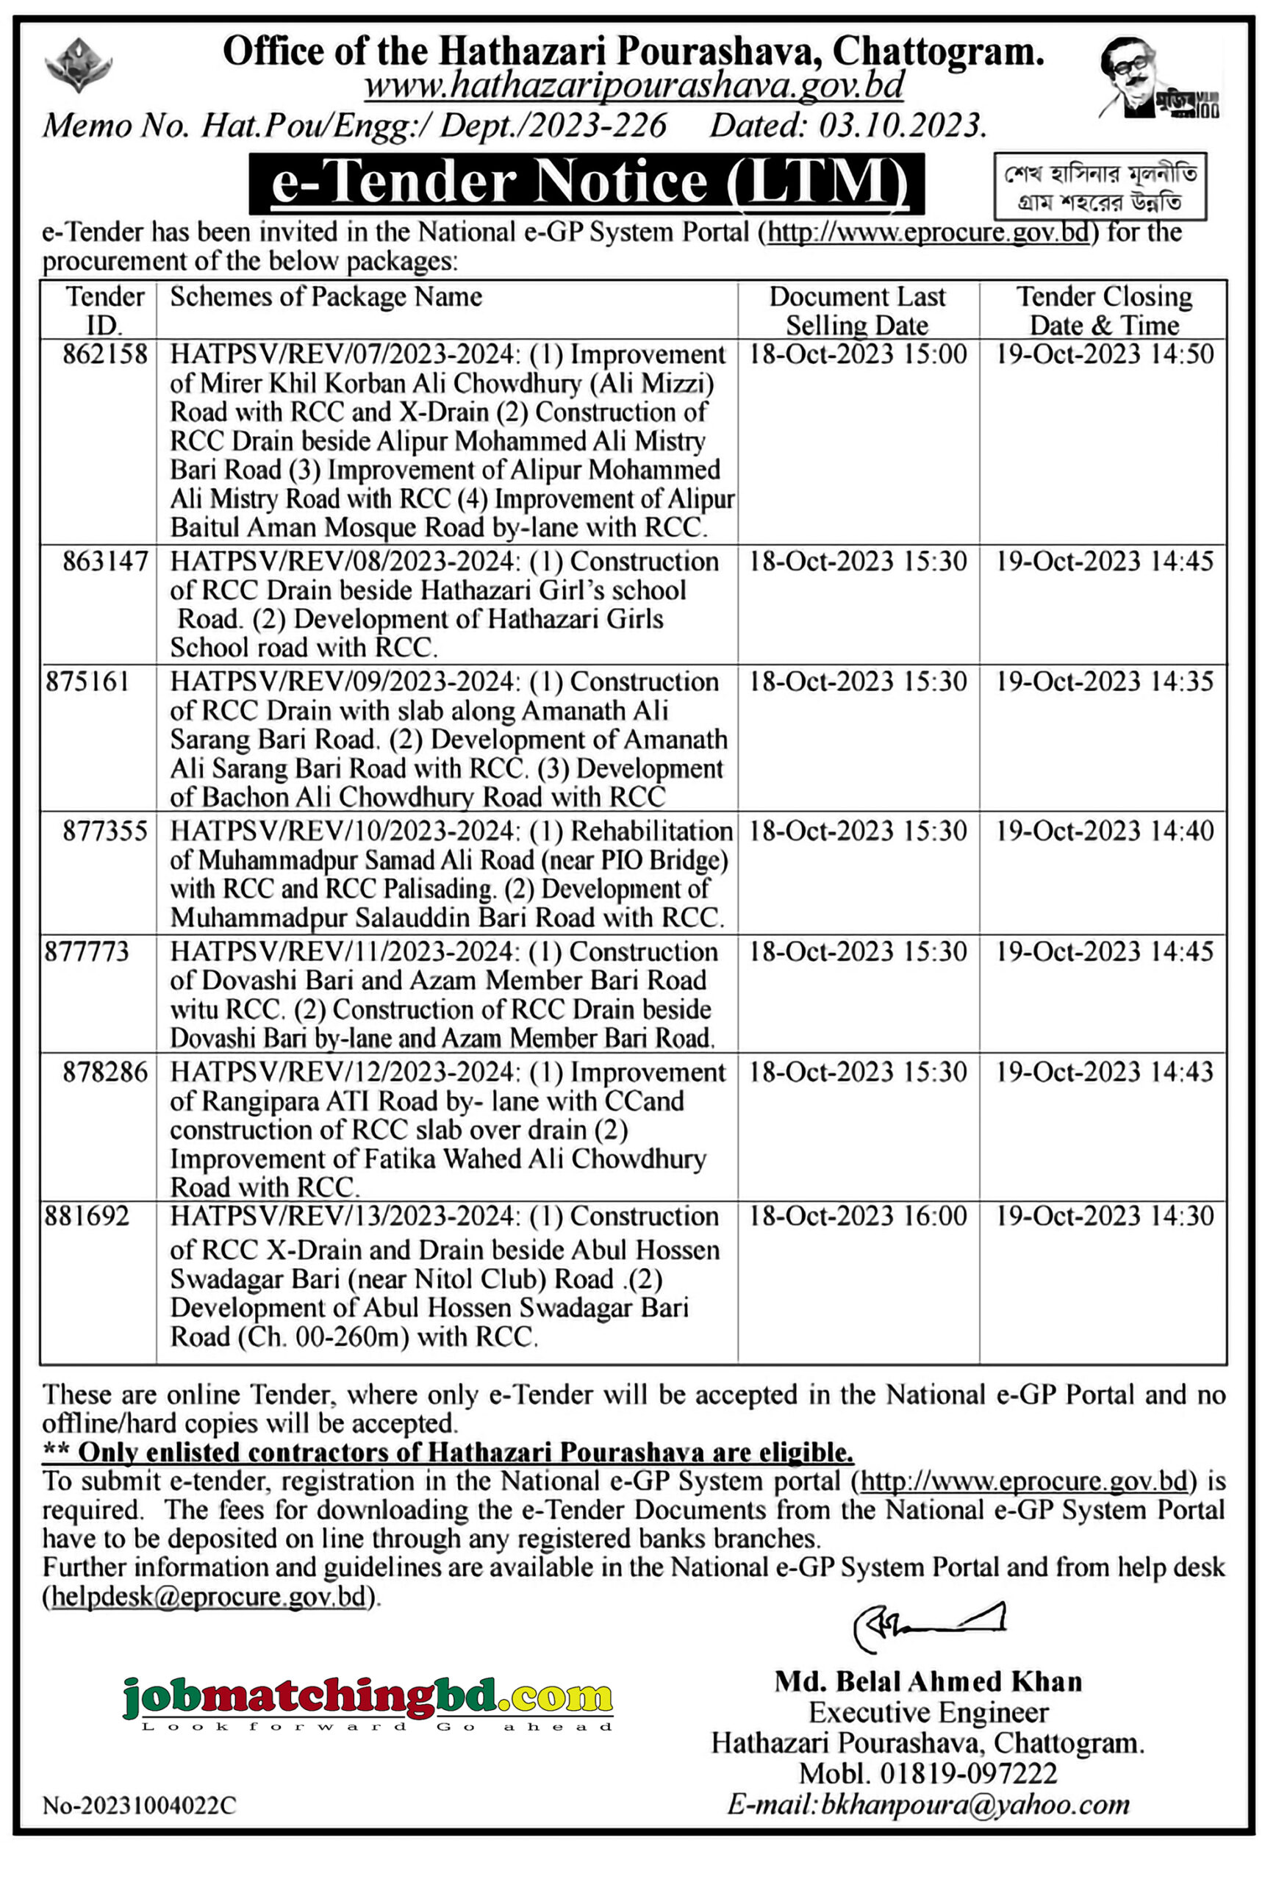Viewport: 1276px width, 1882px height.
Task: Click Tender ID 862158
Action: pyautogui.click(x=105, y=354)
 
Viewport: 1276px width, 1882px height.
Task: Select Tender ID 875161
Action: pyautogui.click(x=87, y=682)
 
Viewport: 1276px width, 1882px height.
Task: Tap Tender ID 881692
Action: pyautogui.click(x=87, y=1217)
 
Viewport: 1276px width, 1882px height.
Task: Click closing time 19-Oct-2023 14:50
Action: pyautogui.click(x=1104, y=354)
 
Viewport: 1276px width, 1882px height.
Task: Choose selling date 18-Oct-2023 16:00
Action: pyautogui.click(x=858, y=1217)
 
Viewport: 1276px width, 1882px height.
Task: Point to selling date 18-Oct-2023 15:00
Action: pyautogui.click(x=858, y=354)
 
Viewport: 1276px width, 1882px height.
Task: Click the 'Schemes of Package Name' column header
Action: pyautogui.click(x=326, y=297)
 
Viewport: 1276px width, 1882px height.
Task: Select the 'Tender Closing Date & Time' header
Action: pyautogui.click(x=1103, y=311)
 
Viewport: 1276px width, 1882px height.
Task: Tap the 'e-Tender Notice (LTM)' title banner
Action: pyautogui.click(x=587, y=183)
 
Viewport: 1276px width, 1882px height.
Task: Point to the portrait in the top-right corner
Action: pyautogui.click(x=1158, y=79)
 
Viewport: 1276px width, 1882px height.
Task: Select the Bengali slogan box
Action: pyautogui.click(x=1100, y=187)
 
